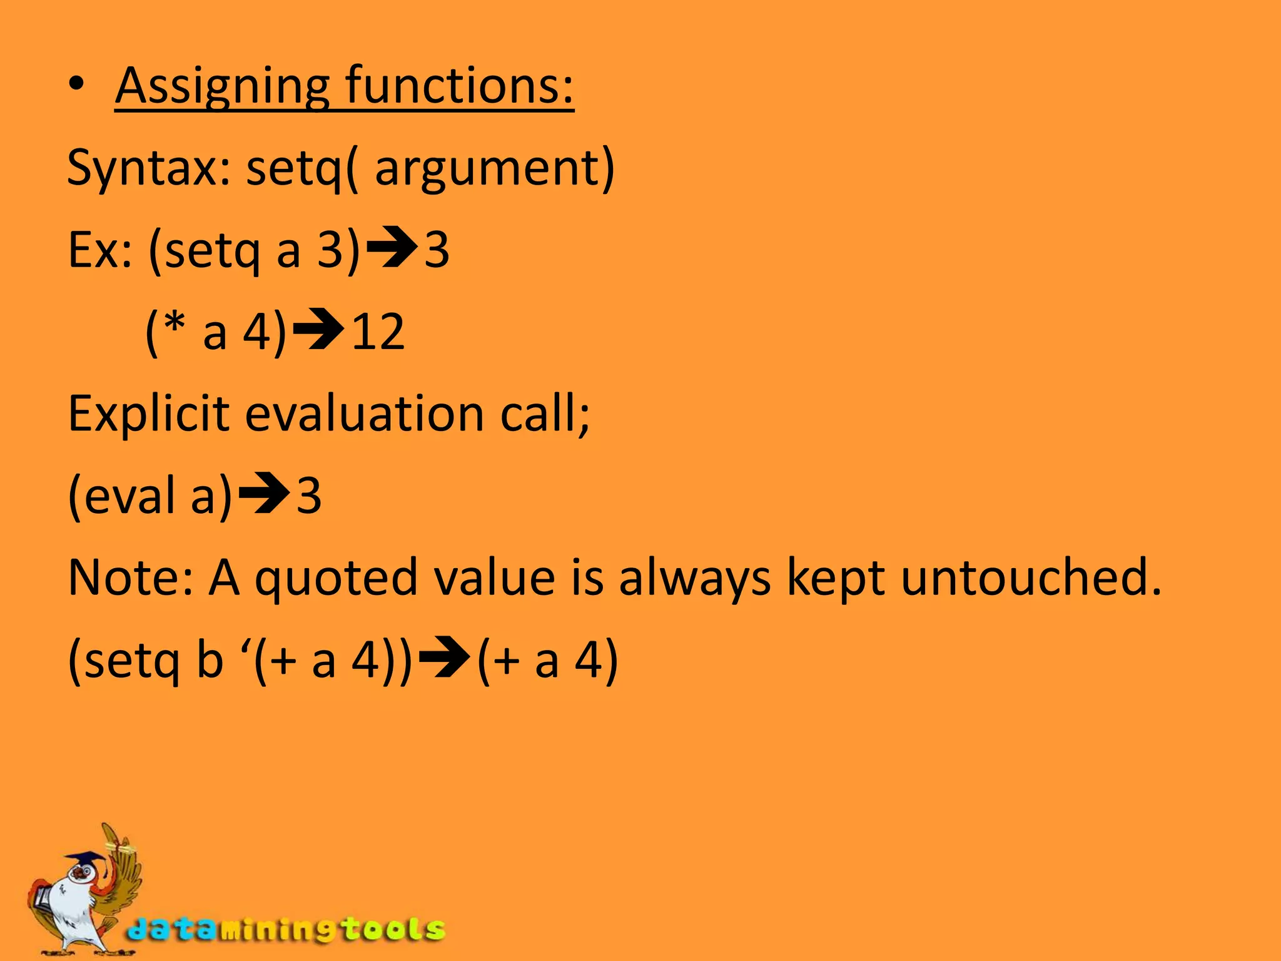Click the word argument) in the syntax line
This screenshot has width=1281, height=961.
click(x=494, y=169)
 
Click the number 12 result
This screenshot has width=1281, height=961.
click(x=378, y=332)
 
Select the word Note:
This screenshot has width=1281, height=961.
click(x=131, y=577)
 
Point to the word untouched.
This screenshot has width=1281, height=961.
click(x=1030, y=577)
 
